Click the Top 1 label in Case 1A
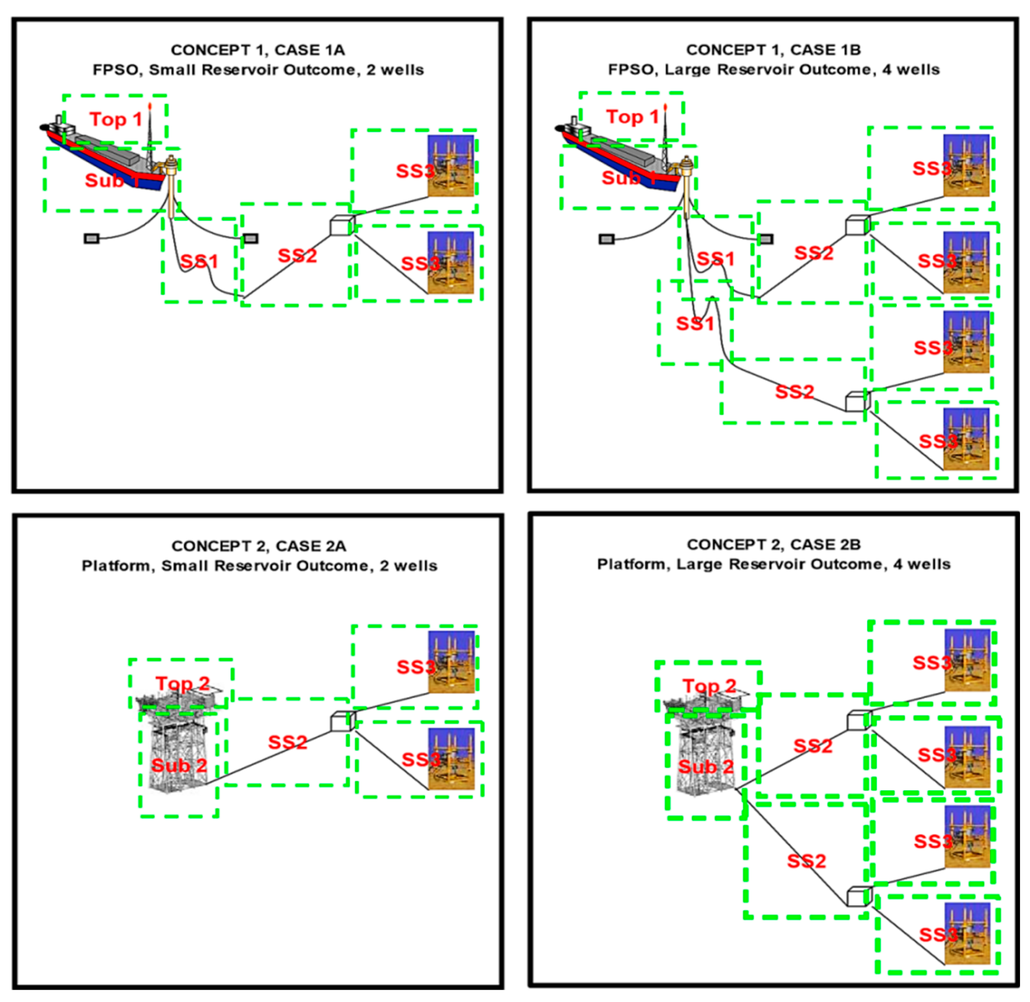(116, 120)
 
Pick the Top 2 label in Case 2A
(182, 684)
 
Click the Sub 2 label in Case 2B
(706, 766)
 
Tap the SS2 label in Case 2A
(288, 743)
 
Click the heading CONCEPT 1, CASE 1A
(258, 50)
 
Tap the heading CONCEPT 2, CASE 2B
(773, 545)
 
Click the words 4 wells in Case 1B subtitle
(911, 70)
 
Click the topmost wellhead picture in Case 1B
(966, 165)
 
